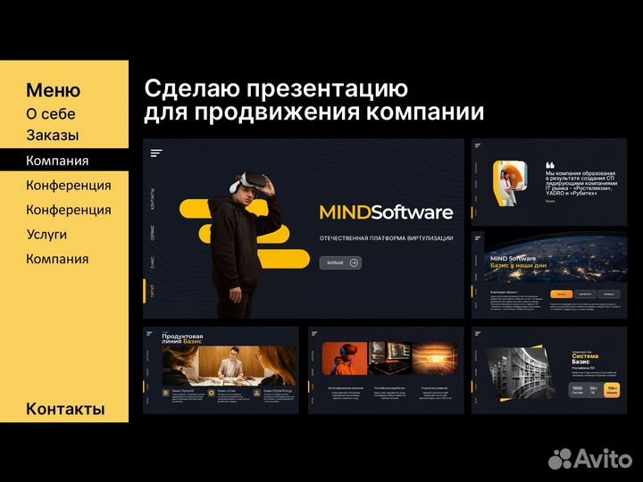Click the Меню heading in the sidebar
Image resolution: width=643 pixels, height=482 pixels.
[53, 90]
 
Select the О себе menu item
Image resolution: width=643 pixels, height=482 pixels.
[51, 114]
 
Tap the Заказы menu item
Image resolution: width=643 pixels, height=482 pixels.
[53, 136]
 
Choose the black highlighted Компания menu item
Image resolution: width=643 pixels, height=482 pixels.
[57, 161]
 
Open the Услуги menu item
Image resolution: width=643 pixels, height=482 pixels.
[46, 234]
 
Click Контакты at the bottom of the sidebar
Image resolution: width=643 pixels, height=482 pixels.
[65, 409]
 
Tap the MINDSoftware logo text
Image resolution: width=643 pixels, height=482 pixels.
[386, 212]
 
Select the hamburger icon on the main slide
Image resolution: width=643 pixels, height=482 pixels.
[156, 153]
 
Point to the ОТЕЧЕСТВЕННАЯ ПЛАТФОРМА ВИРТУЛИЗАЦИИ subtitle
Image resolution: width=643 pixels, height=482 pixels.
[386, 237]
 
